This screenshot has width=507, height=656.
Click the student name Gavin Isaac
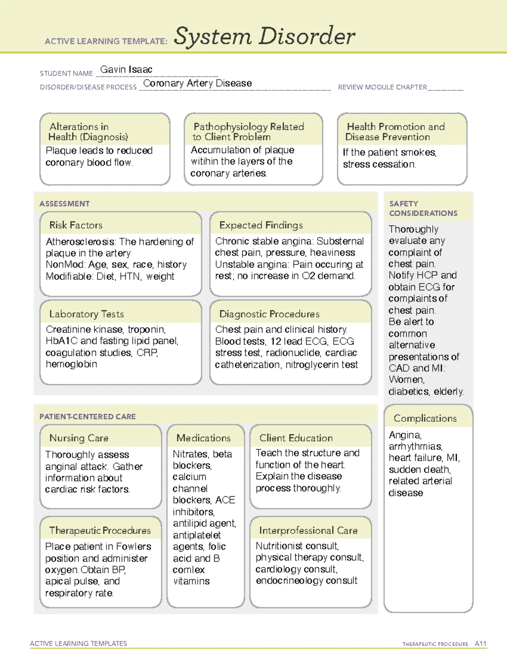click(126, 70)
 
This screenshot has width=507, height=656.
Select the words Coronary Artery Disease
click(197, 83)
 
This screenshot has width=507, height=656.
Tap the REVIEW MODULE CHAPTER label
click(382, 87)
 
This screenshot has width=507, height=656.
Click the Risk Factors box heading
click(76, 225)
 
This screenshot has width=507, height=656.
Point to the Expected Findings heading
click(261, 225)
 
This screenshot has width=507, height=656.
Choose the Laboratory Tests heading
click(86, 314)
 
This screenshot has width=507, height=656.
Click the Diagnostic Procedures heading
click(269, 314)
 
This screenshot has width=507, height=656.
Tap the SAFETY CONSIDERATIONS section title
click(423, 209)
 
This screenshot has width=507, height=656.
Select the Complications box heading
click(425, 418)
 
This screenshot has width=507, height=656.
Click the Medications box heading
click(203, 438)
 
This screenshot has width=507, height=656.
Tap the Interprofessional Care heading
click(308, 531)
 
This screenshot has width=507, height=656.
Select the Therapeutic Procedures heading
click(100, 531)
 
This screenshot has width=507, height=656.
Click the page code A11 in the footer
click(480, 644)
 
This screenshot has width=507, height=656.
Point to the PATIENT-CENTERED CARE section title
click(87, 416)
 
